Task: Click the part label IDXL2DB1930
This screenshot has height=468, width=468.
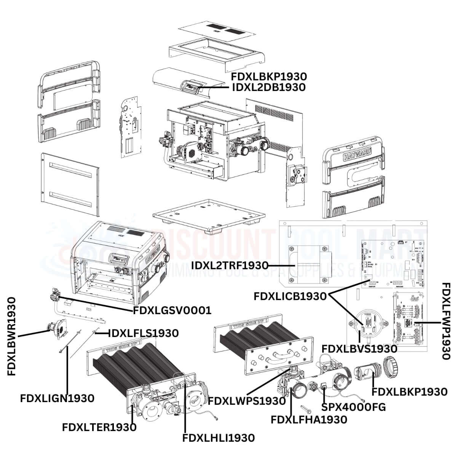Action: coord(268,87)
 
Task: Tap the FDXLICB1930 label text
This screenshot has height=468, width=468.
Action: coord(290,296)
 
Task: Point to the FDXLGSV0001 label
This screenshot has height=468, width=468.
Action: coord(172,310)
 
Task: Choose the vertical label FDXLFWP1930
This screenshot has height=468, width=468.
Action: coord(446,321)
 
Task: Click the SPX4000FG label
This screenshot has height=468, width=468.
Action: coord(353,407)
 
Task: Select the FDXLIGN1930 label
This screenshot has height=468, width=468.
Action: coord(57,398)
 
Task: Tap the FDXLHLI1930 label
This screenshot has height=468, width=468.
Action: coord(219,438)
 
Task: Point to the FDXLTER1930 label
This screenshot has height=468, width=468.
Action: coord(99,427)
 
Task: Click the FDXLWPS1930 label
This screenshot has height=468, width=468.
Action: coord(247,401)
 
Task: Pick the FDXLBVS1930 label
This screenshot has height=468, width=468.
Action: coord(359,348)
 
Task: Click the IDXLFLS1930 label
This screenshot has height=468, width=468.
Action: coord(144,333)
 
